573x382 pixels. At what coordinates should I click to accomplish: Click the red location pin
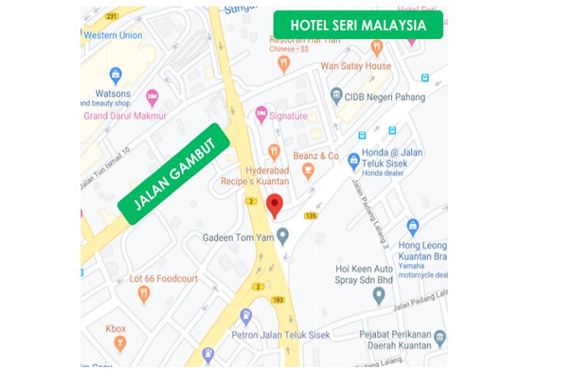point(274,205)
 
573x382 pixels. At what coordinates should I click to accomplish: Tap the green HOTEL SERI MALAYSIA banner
point(358,25)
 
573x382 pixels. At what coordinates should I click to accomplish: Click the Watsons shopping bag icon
point(115,75)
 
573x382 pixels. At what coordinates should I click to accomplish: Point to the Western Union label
point(113,35)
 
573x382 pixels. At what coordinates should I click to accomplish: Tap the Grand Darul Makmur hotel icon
point(152,97)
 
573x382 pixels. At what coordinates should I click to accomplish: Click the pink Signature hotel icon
point(261,115)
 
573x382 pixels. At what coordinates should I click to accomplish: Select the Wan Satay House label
point(355,66)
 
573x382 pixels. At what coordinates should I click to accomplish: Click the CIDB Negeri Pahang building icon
point(336,95)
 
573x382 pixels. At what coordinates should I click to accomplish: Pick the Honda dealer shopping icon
point(354,160)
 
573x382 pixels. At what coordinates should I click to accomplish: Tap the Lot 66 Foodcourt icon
point(144,294)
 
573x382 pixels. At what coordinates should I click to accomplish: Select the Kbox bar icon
point(119,344)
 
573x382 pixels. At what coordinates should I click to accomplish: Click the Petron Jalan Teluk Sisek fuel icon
point(246,316)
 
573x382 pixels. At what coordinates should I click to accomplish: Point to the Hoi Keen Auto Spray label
point(364,274)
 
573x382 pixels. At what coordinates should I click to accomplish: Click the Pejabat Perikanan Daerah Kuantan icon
point(439,338)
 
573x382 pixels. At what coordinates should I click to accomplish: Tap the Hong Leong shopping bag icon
point(413,226)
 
